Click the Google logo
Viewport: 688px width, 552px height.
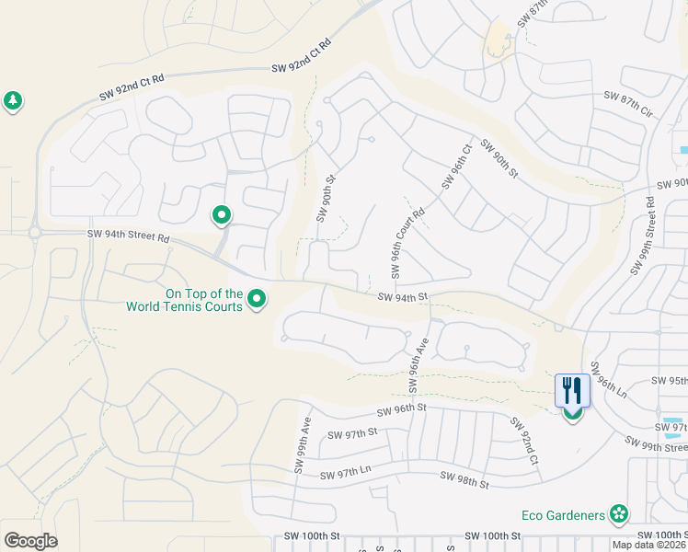pos(30,540)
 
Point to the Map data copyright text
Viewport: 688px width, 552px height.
pos(648,545)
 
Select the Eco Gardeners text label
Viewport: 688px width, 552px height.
pos(567,514)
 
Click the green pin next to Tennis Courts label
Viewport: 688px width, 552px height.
pos(258,300)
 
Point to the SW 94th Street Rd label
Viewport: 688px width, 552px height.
pos(128,237)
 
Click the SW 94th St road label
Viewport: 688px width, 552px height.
pos(404,296)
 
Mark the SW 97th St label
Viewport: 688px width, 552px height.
pos(353,432)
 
